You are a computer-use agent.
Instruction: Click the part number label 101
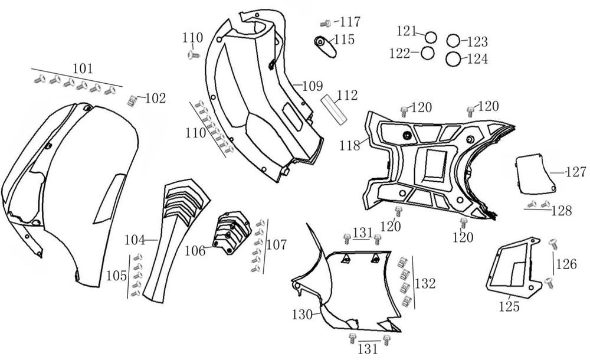[82, 68]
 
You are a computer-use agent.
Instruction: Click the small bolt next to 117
[324, 24]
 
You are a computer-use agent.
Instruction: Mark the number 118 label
[350, 145]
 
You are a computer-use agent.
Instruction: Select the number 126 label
[566, 264]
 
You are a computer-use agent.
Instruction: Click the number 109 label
[312, 86]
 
